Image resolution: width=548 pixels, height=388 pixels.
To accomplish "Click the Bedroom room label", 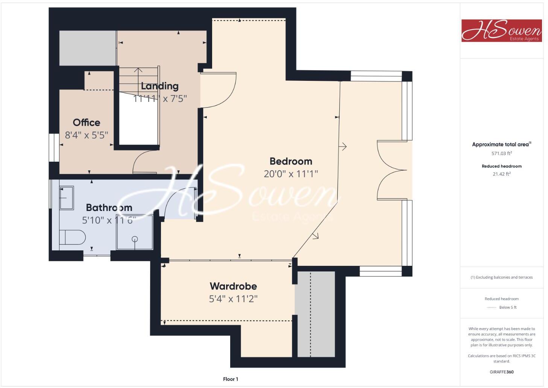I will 291,161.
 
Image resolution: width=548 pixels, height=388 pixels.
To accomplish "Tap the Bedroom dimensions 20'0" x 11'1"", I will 291,174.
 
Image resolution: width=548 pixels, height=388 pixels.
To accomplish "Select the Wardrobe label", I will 233,286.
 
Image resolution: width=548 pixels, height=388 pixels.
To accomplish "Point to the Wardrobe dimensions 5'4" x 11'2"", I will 233,299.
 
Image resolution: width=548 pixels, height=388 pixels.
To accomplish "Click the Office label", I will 87,123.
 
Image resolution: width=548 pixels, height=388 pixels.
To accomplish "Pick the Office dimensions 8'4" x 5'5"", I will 87,135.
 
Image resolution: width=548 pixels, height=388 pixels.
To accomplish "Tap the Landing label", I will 159,86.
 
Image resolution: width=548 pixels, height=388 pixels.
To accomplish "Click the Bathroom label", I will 109,208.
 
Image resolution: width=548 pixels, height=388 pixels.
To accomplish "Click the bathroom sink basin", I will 67,197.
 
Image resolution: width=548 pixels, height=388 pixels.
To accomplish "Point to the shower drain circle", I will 135,239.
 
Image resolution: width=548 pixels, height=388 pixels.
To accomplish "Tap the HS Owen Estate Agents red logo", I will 501,30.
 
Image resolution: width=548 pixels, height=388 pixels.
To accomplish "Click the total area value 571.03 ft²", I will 501,153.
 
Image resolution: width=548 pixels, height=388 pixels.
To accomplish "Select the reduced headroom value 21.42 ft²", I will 501,174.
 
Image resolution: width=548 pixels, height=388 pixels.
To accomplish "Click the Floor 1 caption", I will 231,379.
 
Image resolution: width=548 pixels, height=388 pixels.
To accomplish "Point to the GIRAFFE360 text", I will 501,372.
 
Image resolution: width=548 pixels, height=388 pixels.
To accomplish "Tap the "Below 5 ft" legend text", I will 508,307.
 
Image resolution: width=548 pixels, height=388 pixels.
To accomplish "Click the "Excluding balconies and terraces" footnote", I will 501,277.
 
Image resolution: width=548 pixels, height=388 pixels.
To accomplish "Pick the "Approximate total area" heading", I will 500,144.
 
